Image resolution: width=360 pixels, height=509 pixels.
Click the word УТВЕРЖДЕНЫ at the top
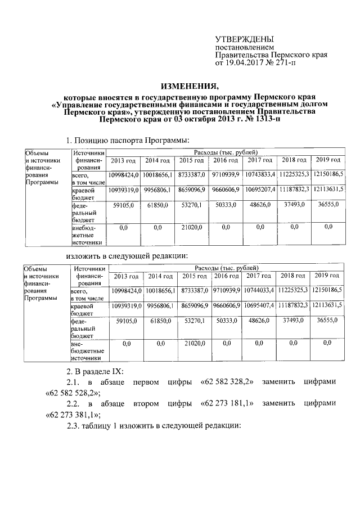(245, 39)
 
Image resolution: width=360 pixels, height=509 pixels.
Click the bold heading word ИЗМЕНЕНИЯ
(190, 86)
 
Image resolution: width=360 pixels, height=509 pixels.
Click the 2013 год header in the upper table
(123, 162)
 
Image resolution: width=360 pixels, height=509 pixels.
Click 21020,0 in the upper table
(191, 227)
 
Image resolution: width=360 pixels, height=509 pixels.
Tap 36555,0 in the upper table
(328, 205)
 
